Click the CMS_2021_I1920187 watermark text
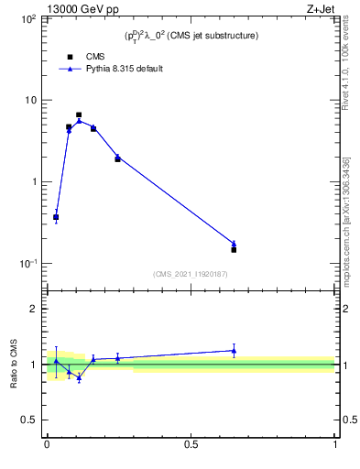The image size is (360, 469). tap(191, 273)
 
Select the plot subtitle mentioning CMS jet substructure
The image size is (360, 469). tap(191, 36)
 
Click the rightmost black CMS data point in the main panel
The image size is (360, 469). tap(234, 249)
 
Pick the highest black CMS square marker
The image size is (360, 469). tap(79, 115)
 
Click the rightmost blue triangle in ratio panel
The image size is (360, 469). tap(234, 350)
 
